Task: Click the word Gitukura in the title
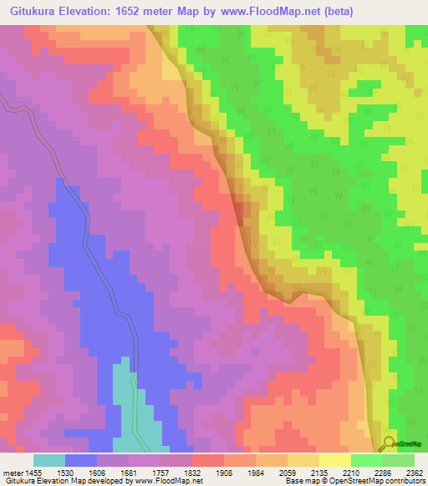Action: pyautogui.click(x=38, y=12)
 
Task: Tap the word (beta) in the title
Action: pyautogui.click(x=333, y=12)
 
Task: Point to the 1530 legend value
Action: pyautogui.click(x=66, y=473)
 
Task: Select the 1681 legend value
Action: pyautogui.click(x=130, y=473)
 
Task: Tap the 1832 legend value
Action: pyautogui.click(x=193, y=473)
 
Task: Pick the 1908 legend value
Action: pyautogui.click(x=225, y=473)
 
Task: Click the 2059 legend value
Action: pyautogui.click(x=288, y=473)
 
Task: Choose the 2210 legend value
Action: pyautogui.click(x=351, y=473)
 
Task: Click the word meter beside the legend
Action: pyautogui.click(x=12, y=473)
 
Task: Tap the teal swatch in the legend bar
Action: pyautogui.click(x=49, y=460)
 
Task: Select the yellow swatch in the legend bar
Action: pyautogui.click(x=335, y=460)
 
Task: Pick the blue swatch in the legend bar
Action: pyautogui.click(x=81, y=460)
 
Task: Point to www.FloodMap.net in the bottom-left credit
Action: pyautogui.click(x=166, y=481)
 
